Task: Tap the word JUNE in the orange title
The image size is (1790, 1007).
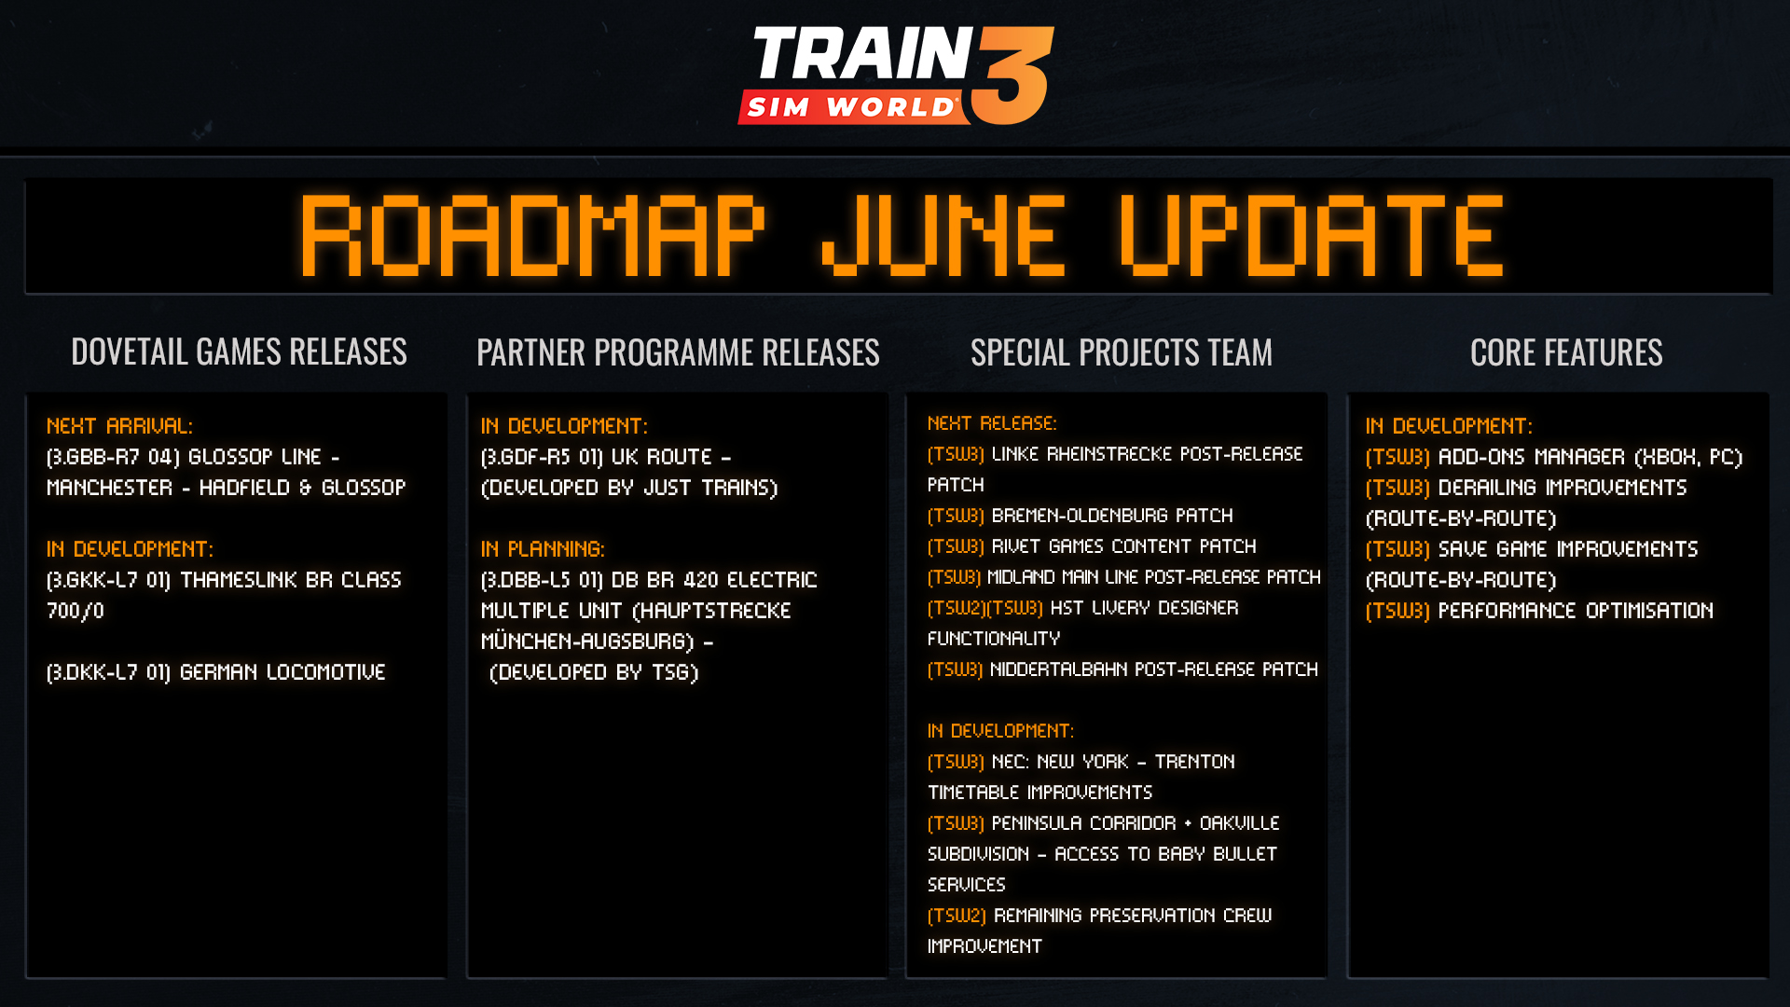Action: click(943, 236)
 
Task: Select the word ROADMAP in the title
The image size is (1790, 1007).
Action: click(532, 236)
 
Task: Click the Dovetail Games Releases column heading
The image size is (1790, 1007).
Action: click(239, 352)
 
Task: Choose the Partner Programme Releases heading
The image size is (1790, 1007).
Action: click(678, 352)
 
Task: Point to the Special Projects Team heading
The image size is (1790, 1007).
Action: click(1121, 352)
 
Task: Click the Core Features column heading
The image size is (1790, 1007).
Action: click(1566, 352)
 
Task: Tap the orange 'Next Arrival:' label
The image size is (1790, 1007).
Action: click(119, 426)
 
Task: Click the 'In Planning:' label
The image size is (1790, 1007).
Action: click(543, 549)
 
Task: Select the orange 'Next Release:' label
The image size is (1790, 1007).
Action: click(992, 423)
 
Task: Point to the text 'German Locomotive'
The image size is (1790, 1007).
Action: click(282, 672)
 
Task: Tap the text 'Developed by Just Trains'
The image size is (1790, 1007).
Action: click(629, 488)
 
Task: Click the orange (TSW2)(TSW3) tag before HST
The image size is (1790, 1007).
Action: click(985, 608)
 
